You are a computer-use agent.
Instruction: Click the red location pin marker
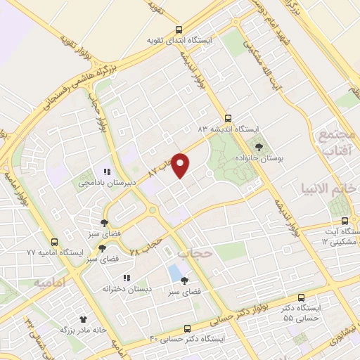click(181, 165)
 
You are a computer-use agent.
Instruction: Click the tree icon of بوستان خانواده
click(261, 147)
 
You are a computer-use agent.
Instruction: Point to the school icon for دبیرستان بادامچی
click(108, 171)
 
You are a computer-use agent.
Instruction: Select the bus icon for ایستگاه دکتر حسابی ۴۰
click(186, 328)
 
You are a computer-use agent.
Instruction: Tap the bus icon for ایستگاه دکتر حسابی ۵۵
click(302, 297)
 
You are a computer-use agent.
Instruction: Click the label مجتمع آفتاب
click(338, 141)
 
